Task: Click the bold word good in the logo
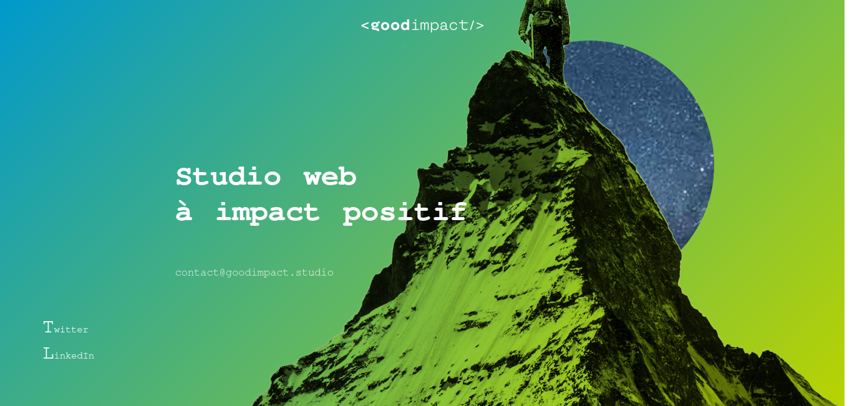pyautogui.click(x=390, y=26)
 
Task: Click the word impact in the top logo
pyautogui.click(x=440, y=26)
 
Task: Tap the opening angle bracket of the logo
pyautogui.click(x=365, y=26)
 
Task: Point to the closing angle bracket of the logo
pyautogui.click(x=480, y=26)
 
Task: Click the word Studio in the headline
pyautogui.click(x=228, y=176)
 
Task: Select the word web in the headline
pyautogui.click(x=330, y=176)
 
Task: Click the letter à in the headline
pyautogui.click(x=184, y=211)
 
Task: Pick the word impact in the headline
pyautogui.click(x=268, y=213)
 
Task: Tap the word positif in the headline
pyautogui.click(x=405, y=213)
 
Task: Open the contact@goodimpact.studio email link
pyautogui.click(x=254, y=273)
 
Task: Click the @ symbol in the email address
pyautogui.click(x=223, y=273)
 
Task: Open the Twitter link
pyautogui.click(x=65, y=327)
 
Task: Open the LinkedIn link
pyautogui.click(x=69, y=354)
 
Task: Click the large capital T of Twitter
pyautogui.click(x=48, y=327)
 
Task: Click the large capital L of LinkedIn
pyautogui.click(x=48, y=353)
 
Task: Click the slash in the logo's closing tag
pyautogui.click(x=472, y=26)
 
